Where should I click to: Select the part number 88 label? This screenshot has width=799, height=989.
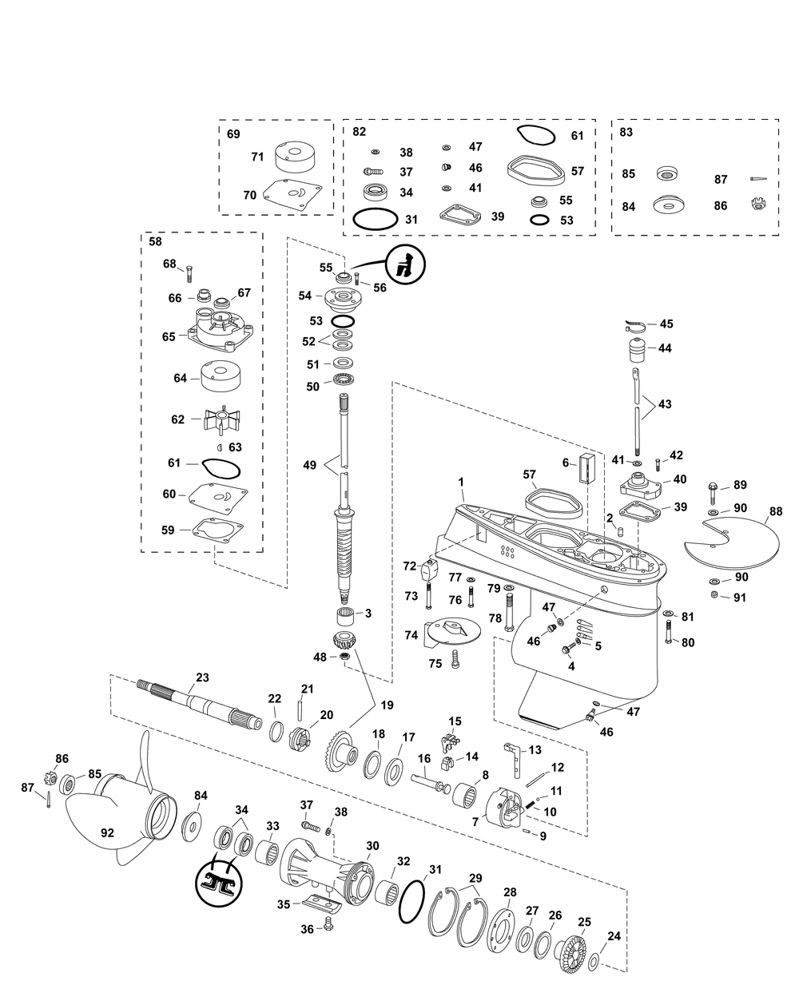pos(776,511)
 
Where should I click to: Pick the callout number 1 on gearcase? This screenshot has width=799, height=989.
pos(461,482)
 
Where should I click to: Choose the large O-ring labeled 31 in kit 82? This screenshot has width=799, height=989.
pos(374,219)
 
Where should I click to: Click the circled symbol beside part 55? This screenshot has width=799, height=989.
pos(407,263)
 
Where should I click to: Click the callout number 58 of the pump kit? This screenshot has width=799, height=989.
pos(155,240)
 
